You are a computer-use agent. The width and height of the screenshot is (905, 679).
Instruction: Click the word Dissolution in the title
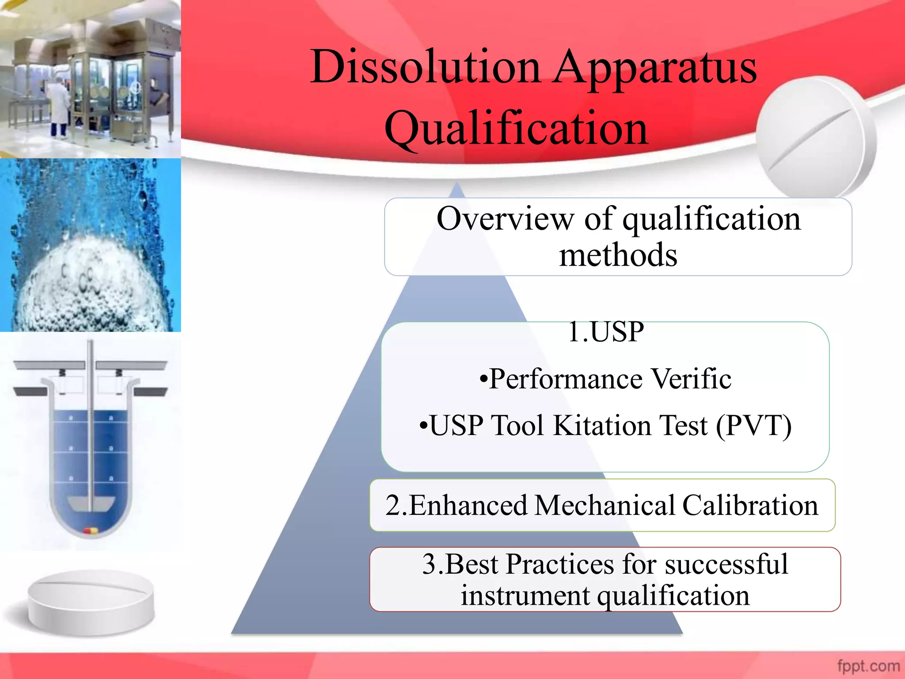425,67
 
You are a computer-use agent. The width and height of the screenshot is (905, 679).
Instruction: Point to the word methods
618,255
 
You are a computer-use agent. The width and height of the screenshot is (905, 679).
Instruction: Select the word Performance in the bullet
566,379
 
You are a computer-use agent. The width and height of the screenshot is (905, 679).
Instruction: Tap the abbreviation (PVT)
753,426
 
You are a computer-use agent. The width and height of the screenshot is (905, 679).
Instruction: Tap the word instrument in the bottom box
525,595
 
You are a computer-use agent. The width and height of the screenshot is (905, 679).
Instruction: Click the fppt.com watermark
868,666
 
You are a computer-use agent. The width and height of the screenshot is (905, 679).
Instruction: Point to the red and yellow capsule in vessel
91,531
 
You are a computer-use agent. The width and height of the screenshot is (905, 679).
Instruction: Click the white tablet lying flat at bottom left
91,602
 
